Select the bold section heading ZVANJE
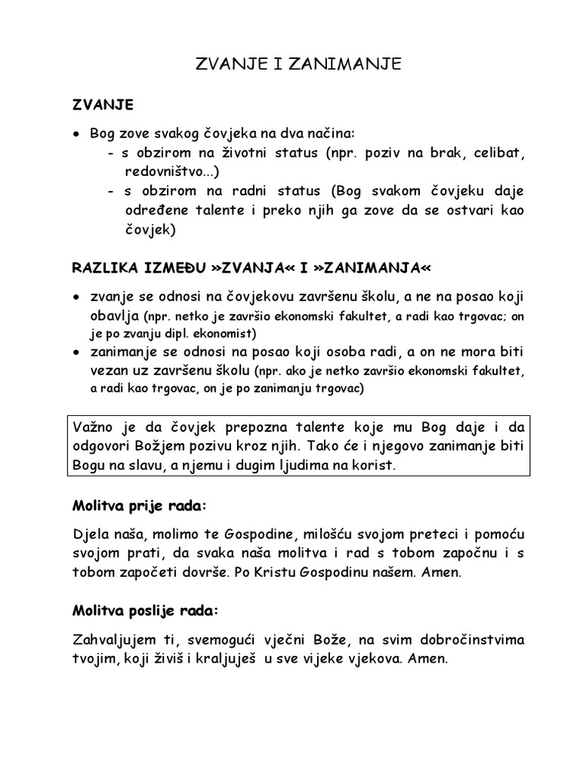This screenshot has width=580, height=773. pyautogui.click(x=103, y=103)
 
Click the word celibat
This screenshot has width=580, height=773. pyautogui.click(x=498, y=153)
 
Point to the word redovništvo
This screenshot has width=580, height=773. pyautogui.click(x=164, y=172)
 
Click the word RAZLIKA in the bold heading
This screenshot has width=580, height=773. pyautogui.click(x=103, y=267)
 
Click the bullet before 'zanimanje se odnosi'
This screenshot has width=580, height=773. pyautogui.click(x=76, y=353)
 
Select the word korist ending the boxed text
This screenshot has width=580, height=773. pyautogui.click(x=375, y=466)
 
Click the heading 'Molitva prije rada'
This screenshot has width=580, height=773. pyautogui.click(x=138, y=504)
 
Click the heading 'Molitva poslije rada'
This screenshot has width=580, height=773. pyautogui.click(x=144, y=609)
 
